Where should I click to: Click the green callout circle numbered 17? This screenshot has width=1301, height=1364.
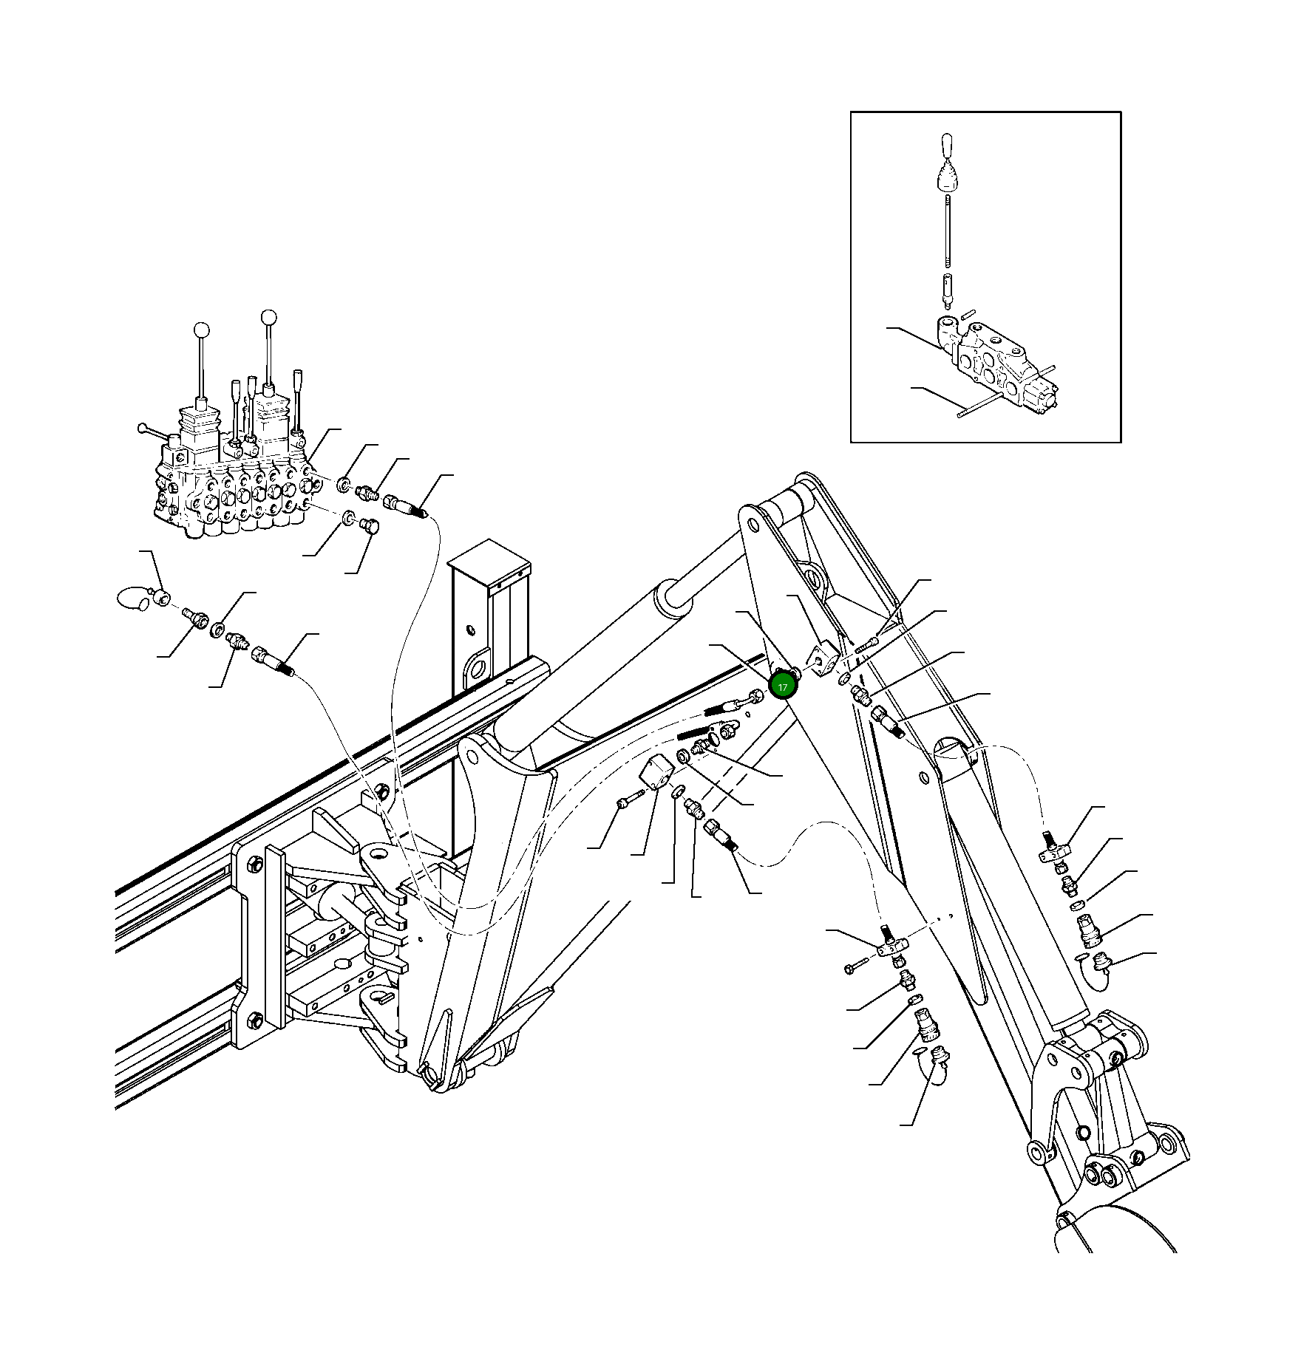point(783,686)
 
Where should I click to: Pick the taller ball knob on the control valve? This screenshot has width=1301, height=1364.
point(269,318)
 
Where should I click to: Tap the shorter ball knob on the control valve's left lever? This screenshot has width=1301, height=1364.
point(201,330)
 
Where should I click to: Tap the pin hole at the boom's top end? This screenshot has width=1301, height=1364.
point(753,525)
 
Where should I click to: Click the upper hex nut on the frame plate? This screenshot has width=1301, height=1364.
point(254,864)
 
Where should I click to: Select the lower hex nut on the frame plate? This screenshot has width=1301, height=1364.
point(254,1021)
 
